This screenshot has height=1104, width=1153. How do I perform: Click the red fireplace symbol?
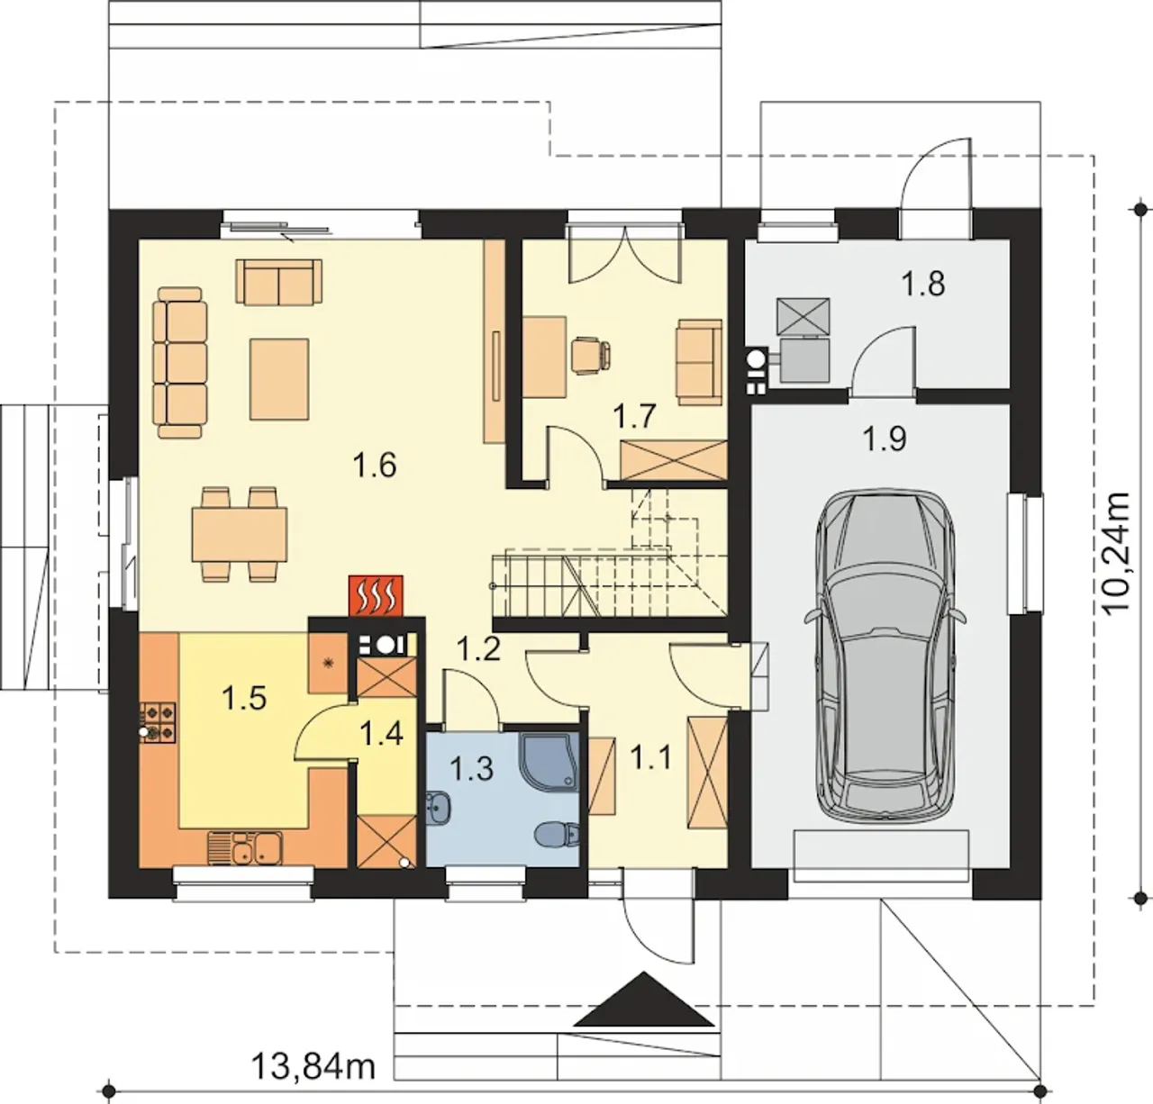(376, 596)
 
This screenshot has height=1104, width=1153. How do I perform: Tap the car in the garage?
(885, 657)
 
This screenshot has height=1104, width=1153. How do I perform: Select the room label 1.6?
(375, 465)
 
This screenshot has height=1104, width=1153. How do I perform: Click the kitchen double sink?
(245, 849)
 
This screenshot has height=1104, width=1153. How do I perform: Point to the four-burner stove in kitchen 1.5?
(159, 723)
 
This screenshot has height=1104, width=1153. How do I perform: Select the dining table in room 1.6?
(240, 534)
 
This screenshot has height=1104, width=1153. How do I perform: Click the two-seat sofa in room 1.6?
(278, 282)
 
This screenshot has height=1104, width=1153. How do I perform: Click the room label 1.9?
(885, 439)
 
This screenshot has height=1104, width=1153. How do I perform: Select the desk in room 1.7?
(544, 357)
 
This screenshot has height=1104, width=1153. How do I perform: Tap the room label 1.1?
(650, 757)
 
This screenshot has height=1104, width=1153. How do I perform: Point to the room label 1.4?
(382, 734)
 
